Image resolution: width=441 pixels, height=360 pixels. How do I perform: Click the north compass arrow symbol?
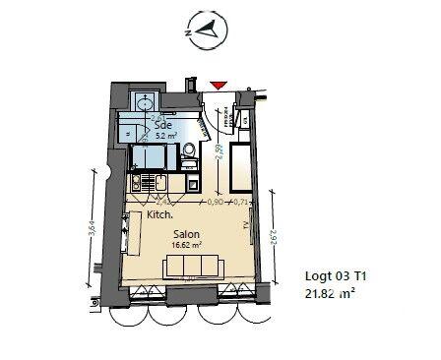207,30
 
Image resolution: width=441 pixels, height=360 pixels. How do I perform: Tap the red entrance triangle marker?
219,88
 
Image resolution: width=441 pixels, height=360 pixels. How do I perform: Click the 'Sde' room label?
159,125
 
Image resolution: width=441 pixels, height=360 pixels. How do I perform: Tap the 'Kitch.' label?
159,213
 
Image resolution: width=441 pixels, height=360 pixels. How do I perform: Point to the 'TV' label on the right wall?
244,225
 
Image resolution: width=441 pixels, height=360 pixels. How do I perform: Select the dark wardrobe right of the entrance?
239,172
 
